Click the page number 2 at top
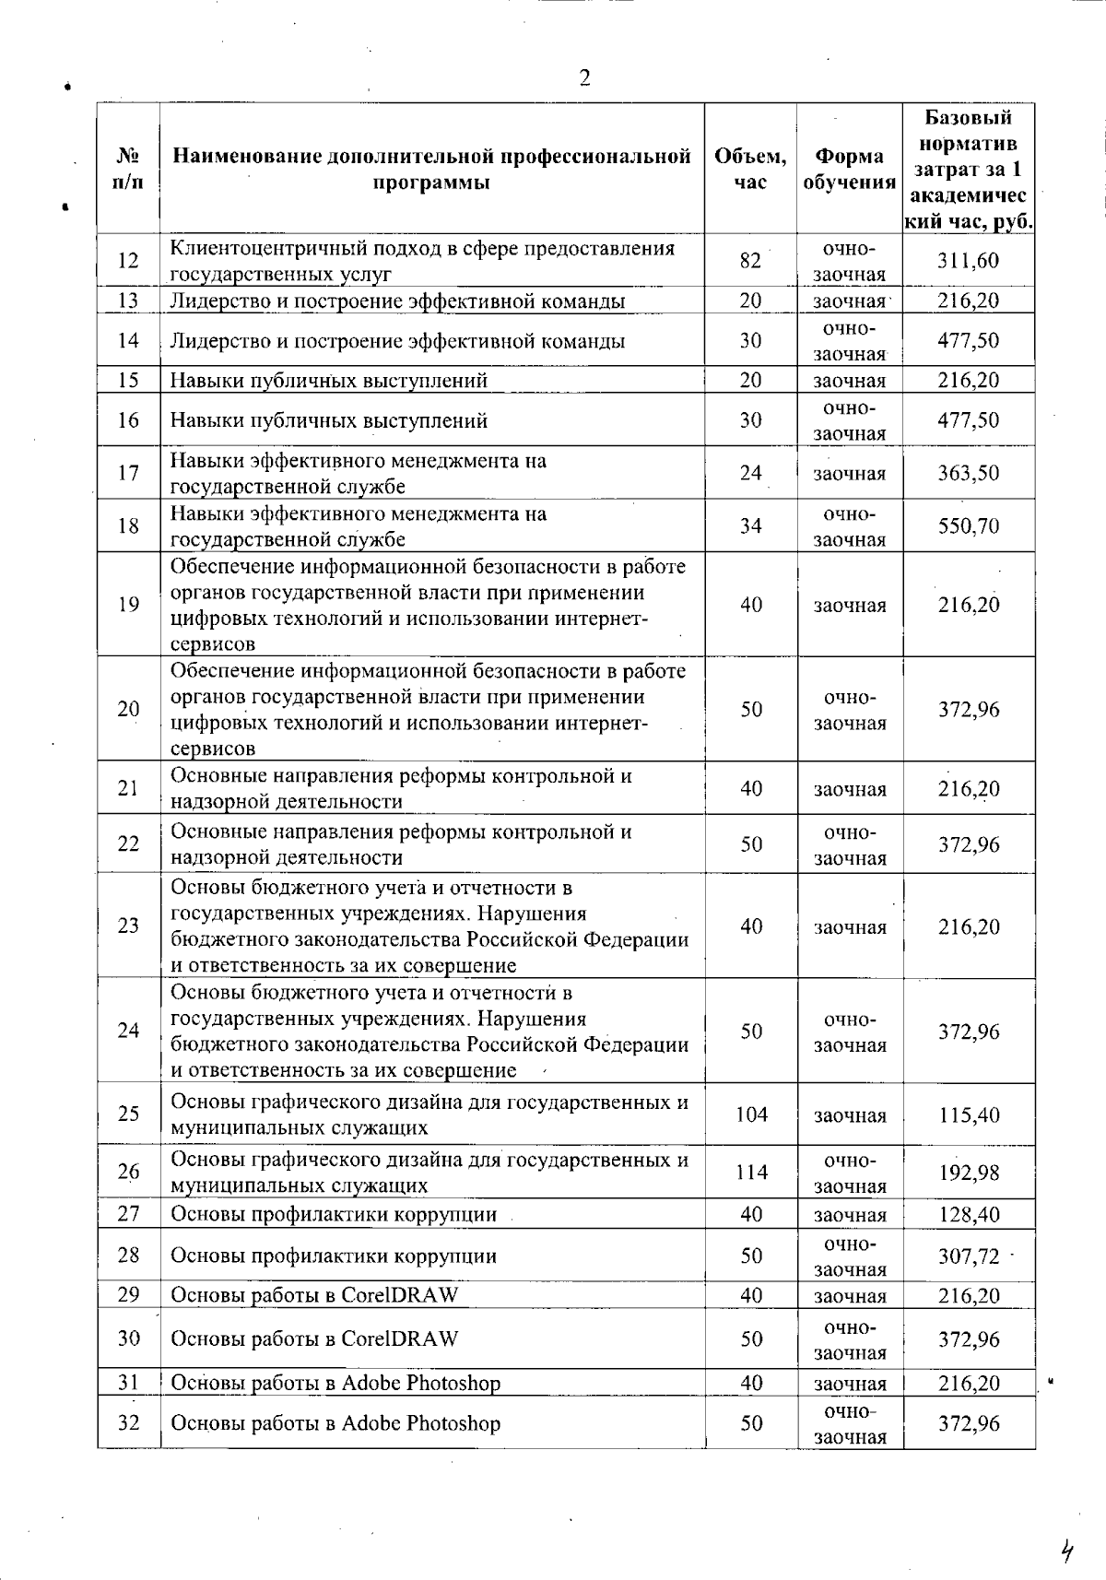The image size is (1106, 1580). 584,77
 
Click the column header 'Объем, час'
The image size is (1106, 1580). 750,169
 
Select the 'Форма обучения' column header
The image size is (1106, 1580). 849,169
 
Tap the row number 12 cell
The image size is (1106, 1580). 128,261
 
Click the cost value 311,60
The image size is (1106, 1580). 968,261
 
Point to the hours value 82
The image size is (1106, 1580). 750,261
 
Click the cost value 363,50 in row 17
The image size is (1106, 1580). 968,474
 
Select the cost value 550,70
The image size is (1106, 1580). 968,526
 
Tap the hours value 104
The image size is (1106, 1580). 751,1114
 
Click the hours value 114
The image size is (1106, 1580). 751,1173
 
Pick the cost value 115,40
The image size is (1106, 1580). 968,1114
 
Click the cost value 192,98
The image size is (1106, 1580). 968,1173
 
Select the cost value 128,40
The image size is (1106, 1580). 968,1215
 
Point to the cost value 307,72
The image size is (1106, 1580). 968,1256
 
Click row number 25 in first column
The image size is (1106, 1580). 128,1114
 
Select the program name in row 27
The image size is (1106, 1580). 334,1215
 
